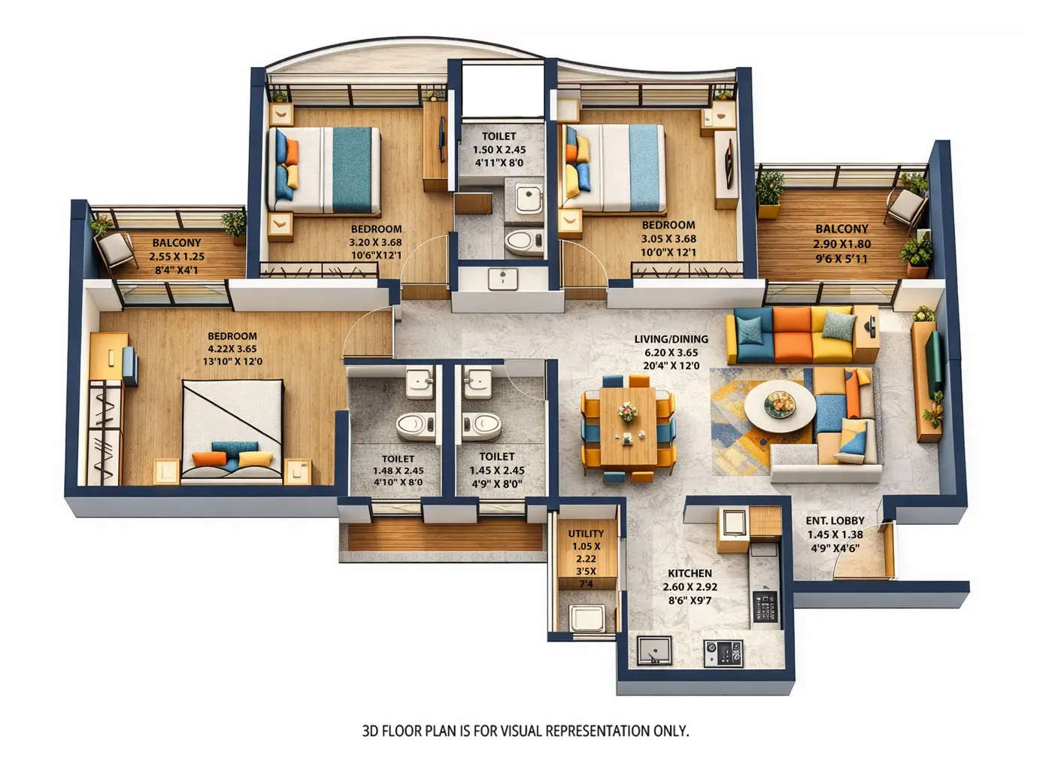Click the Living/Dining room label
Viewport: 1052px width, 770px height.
(671, 340)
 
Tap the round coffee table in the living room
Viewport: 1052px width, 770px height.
(779, 406)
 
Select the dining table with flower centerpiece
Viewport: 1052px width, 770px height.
(627, 426)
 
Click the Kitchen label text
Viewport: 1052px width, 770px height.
(690, 573)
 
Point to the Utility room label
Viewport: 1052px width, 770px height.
(586, 533)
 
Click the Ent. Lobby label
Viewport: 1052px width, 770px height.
(835, 520)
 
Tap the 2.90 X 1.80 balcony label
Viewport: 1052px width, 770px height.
(841, 244)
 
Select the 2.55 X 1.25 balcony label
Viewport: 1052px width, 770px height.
(177, 256)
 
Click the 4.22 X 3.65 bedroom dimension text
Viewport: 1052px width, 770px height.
(232, 349)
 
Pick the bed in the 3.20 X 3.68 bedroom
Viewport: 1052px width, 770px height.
(325, 169)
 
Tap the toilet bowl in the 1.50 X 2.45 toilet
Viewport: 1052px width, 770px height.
(523, 243)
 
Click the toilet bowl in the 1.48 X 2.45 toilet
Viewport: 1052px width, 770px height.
(412, 426)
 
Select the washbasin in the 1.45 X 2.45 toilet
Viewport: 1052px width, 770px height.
(477, 382)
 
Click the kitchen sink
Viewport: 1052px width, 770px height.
(654, 650)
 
